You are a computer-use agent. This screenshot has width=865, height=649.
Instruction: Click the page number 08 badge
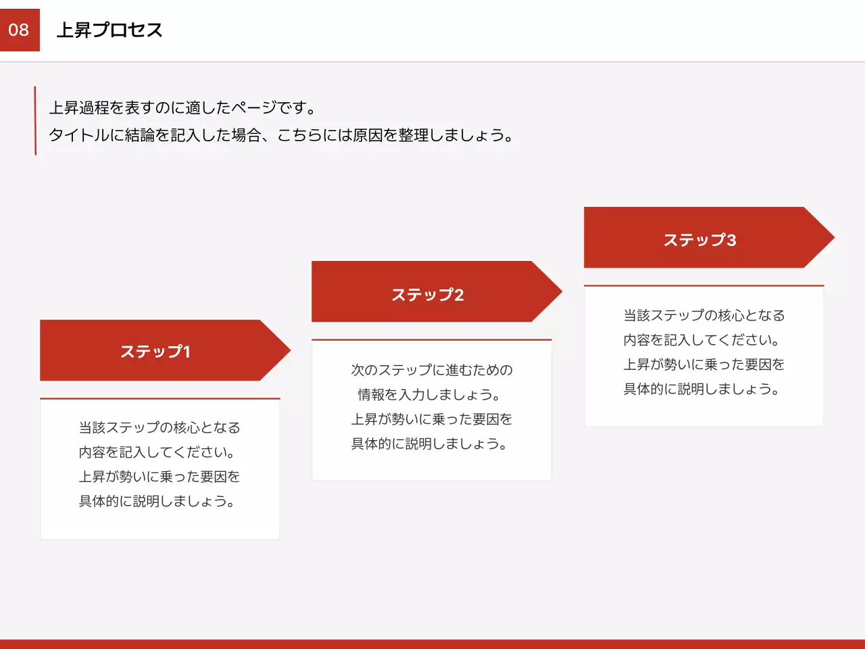pyautogui.click(x=20, y=30)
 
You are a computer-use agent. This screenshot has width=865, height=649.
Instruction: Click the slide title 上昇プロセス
pyautogui.click(x=109, y=30)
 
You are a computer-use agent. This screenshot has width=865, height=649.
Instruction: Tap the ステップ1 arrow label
pyautogui.click(x=155, y=352)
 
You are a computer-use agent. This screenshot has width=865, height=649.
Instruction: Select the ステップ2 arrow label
pyautogui.click(x=428, y=295)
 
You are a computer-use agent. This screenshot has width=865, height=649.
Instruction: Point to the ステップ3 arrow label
pyautogui.click(x=700, y=240)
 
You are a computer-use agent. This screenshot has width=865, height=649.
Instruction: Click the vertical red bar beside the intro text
pyautogui.click(x=35, y=120)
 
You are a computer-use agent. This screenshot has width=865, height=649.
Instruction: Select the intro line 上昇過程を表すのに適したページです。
pyautogui.click(x=182, y=108)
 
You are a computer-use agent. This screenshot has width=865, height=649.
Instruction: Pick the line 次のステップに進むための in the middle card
pyautogui.click(x=432, y=370)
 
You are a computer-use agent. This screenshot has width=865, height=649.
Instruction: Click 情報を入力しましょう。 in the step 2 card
pyautogui.click(x=429, y=395)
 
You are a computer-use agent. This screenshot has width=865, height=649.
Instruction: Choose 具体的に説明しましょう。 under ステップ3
pyautogui.click(x=701, y=389)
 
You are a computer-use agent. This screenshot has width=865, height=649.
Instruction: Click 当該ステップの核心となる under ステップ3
pyautogui.click(x=704, y=316)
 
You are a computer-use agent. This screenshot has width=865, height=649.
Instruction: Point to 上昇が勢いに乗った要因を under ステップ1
pyautogui.click(x=159, y=477)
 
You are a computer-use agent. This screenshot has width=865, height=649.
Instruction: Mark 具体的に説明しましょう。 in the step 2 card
pyautogui.click(x=429, y=444)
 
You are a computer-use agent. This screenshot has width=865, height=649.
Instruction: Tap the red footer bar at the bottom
pyautogui.click(x=432, y=644)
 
